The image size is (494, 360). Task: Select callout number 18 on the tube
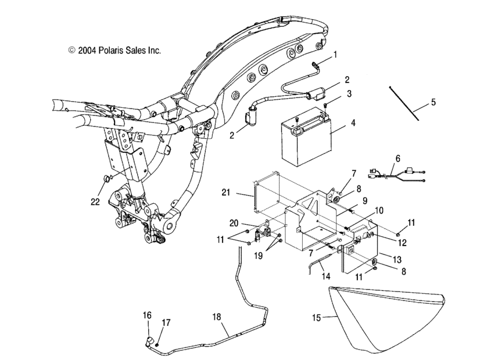[217, 316]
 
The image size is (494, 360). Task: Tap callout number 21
[226, 192]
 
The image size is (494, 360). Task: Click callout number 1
[334, 55]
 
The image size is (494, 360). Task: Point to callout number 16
[148, 315]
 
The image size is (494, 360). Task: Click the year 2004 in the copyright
[88, 51]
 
